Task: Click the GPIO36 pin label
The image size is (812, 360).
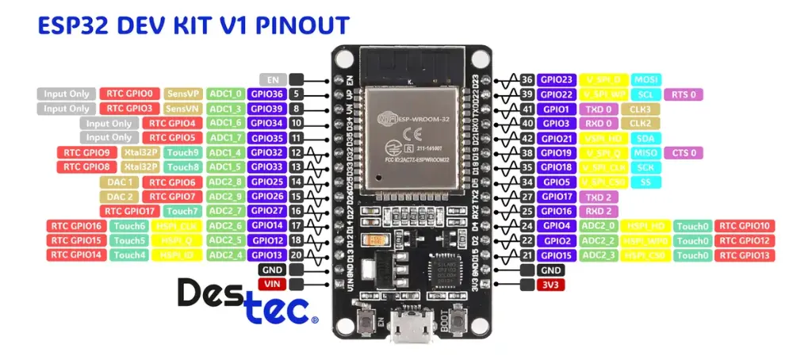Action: click(x=266, y=94)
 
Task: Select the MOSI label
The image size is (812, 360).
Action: click(x=645, y=79)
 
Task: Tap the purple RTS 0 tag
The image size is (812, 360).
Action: click(x=684, y=94)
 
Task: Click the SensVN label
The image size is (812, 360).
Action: click(x=183, y=109)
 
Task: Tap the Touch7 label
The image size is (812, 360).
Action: click(x=183, y=211)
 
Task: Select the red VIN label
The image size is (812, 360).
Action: click(x=272, y=284)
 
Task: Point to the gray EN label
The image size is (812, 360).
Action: click(x=272, y=79)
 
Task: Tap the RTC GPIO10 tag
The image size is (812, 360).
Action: click(x=745, y=226)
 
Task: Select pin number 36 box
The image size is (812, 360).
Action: click(x=527, y=79)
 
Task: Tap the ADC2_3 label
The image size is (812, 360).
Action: click(x=599, y=255)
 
